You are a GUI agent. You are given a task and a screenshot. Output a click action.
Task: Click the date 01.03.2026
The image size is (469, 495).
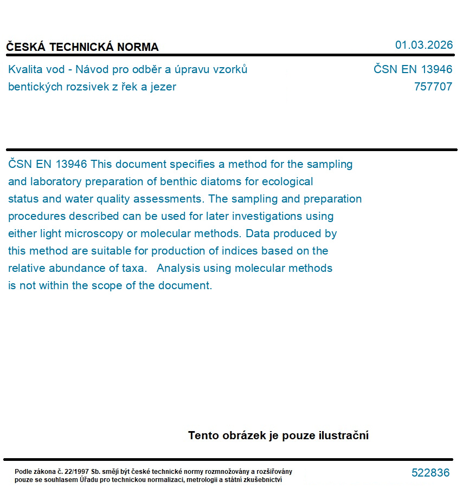click(423, 45)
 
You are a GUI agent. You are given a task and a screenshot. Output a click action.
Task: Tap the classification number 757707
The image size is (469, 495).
click(433, 87)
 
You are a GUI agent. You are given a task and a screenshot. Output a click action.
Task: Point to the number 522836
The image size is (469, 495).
click(431, 473)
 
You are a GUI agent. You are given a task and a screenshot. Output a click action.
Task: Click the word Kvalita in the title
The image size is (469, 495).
click(25, 69)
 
